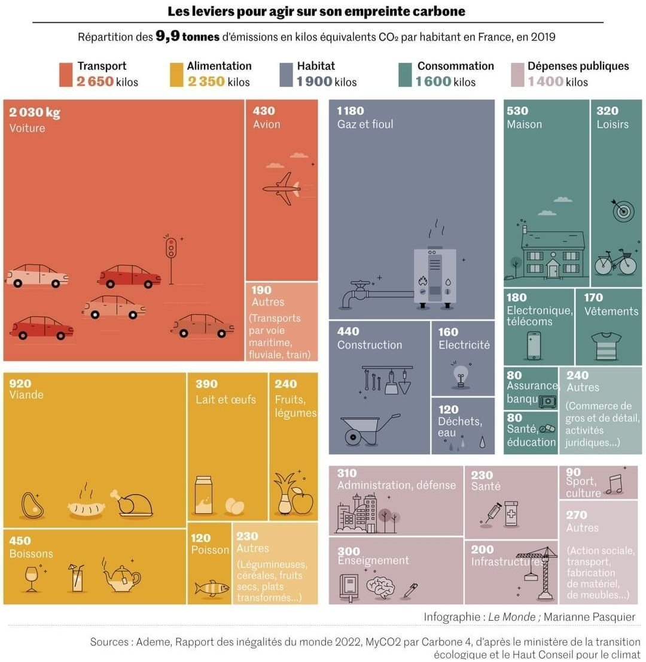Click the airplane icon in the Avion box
281,189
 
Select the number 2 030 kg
35,112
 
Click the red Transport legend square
66,75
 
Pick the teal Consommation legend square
404,75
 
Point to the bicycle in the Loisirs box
615,262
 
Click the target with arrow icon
622,209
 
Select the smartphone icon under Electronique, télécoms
534,345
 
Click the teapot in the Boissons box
121,576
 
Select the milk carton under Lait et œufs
204,495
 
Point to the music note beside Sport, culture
613,484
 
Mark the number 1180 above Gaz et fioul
351,111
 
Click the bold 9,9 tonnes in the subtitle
187,36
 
